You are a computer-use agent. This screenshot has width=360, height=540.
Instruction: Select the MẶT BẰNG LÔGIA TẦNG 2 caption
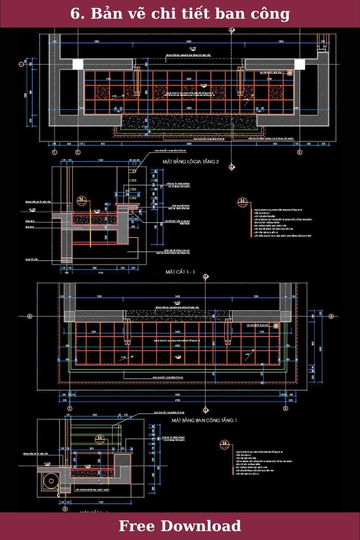[x=191, y=162]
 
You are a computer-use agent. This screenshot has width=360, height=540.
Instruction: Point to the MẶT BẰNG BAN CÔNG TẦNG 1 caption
[x=204, y=421]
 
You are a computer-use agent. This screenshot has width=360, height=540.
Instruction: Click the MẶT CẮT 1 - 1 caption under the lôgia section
[x=180, y=271]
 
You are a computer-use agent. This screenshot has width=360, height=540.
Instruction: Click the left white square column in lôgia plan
[x=78, y=64]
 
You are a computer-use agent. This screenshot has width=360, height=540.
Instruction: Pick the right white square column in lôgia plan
[x=299, y=64]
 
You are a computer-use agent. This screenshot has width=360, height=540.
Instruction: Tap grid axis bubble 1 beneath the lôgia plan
[x=54, y=152]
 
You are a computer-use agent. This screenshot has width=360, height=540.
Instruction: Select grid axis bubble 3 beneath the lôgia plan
[x=299, y=152]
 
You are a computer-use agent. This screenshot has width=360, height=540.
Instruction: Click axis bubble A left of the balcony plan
[x=30, y=316]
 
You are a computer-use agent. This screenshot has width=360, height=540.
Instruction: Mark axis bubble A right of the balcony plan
[x=331, y=316]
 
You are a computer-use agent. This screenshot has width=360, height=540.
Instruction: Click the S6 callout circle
[x=224, y=444]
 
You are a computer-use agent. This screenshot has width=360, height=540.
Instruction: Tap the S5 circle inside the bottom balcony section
[x=100, y=438]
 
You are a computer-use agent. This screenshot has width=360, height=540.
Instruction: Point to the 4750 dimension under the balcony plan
[x=177, y=399]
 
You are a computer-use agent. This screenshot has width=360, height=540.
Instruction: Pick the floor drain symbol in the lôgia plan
[x=290, y=73]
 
